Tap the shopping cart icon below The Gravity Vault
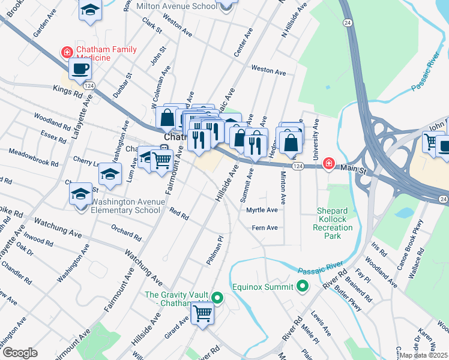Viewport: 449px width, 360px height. pyautogui.click(x=203, y=313)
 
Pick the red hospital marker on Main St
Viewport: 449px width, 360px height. pyautogui.click(x=328, y=163)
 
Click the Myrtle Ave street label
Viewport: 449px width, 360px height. pyautogui.click(x=262, y=210)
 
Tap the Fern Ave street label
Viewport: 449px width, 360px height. pyautogui.click(x=265, y=227)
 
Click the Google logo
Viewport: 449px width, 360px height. pyautogui.click(x=20, y=353)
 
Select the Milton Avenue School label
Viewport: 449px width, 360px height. pyautogui.click(x=176, y=6)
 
